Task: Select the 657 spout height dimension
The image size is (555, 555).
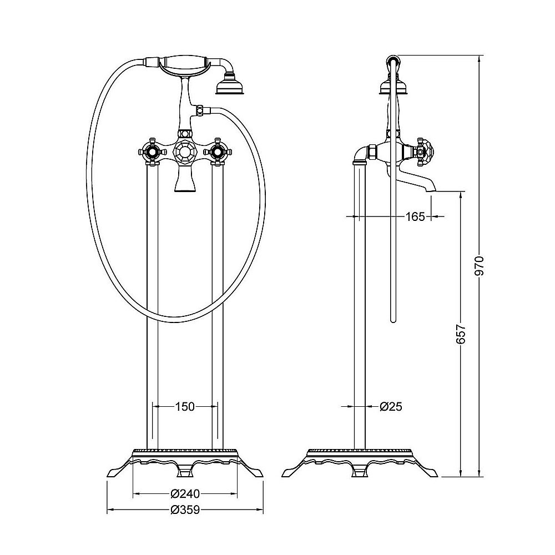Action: (461, 334)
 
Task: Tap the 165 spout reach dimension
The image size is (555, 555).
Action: (415, 216)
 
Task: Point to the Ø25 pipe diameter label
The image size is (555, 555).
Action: (391, 407)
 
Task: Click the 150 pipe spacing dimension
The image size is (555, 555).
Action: (185, 407)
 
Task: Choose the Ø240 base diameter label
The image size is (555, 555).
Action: (185, 493)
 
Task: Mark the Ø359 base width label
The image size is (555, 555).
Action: (185, 509)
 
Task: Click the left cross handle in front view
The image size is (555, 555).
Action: (152, 152)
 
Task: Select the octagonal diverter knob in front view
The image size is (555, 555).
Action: (184, 153)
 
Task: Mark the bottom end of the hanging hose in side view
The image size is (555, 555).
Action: (392, 321)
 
